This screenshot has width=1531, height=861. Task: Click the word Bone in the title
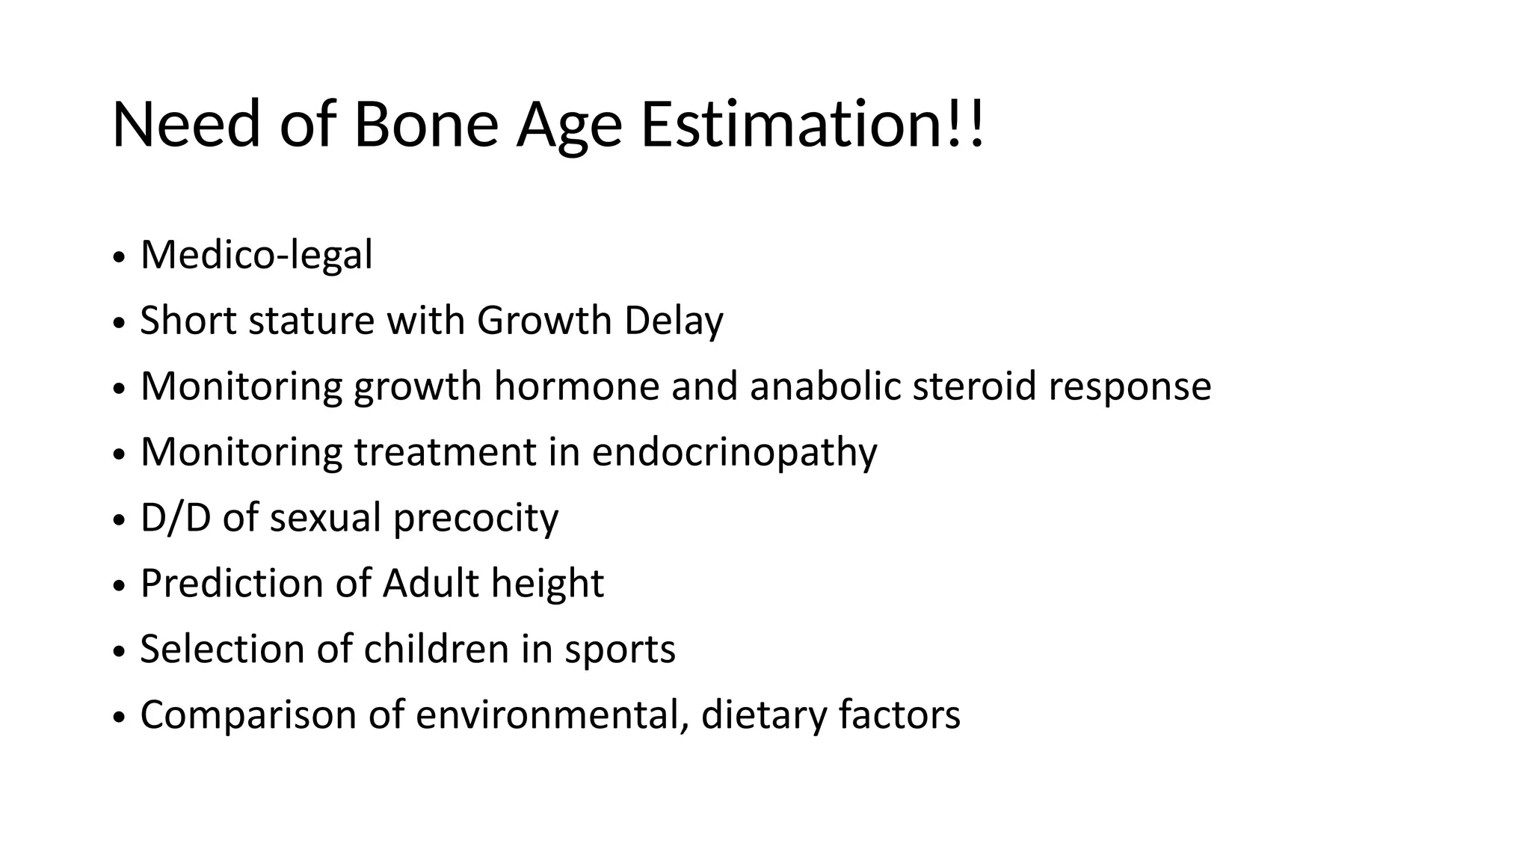[x=425, y=124]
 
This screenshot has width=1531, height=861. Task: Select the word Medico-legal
[x=256, y=256]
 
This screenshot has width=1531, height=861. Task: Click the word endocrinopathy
[x=734, y=453]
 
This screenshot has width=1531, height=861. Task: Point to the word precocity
[x=475, y=519]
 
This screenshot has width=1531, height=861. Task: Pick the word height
[x=547, y=584]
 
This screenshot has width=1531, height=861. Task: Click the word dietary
[x=763, y=715]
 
